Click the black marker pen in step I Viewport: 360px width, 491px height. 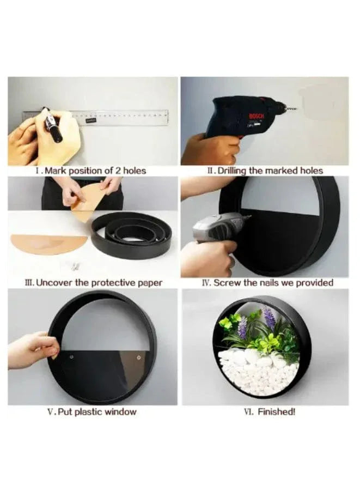click(x=53, y=126)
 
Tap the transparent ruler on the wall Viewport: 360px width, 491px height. click(x=125, y=117)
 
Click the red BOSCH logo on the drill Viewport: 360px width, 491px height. click(x=255, y=116)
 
